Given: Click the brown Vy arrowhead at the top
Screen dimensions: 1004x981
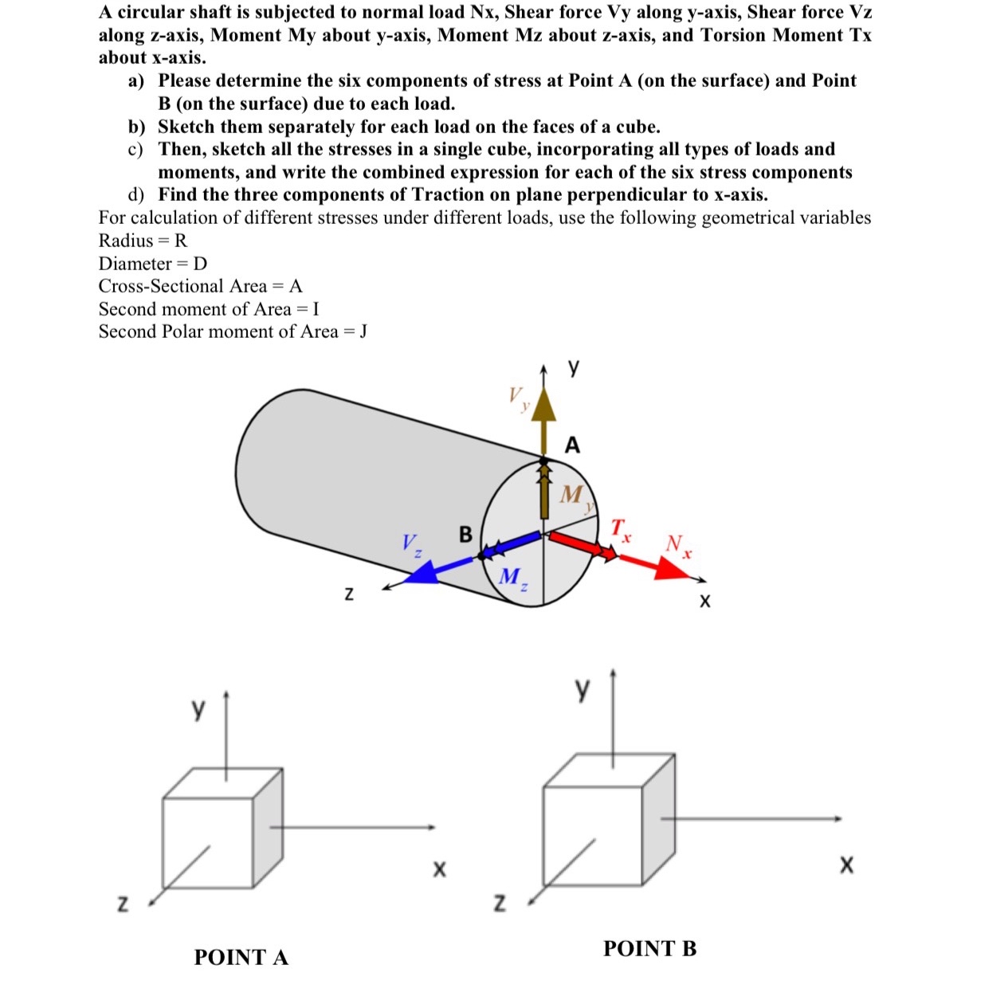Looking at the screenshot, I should pyautogui.click(x=544, y=405).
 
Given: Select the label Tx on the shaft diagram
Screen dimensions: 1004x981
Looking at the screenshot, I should pyautogui.click(x=621, y=528).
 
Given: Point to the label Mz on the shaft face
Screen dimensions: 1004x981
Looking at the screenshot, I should pyautogui.click(x=512, y=577).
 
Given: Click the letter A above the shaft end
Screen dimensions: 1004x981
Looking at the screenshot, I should pyautogui.click(x=572, y=445).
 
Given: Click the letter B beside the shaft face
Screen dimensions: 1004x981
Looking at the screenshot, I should pyautogui.click(x=465, y=534).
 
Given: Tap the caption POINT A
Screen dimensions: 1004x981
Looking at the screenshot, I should pyautogui.click(x=241, y=957).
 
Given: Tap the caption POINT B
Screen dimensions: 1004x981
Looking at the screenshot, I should pyautogui.click(x=649, y=948).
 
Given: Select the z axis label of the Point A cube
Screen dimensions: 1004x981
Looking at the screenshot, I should pyautogui.click(x=123, y=904).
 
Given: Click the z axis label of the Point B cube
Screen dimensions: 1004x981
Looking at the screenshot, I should pyautogui.click(x=500, y=903).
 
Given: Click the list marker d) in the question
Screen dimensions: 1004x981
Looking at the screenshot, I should pyautogui.click(x=136, y=195).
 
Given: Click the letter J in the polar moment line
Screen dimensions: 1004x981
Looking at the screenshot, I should pyautogui.click(x=363, y=331).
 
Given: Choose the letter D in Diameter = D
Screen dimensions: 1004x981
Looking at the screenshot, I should pyautogui.click(x=200, y=264).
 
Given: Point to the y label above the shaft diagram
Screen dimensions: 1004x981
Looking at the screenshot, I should pyautogui.click(x=574, y=368).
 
